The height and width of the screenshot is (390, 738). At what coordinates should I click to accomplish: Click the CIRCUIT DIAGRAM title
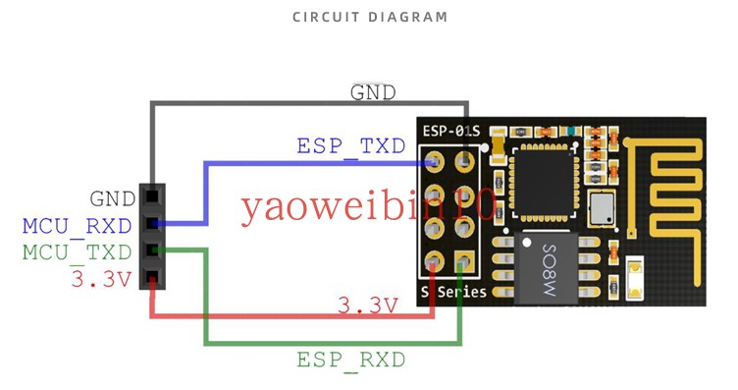click(x=370, y=17)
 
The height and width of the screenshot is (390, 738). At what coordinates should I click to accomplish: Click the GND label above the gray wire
click(x=373, y=92)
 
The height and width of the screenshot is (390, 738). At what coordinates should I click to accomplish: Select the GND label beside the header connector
click(x=112, y=199)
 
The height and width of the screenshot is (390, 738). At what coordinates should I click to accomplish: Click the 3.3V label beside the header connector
click(x=100, y=279)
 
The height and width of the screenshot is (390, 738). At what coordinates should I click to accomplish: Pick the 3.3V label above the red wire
click(x=367, y=306)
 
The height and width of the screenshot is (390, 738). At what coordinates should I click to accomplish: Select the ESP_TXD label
click(x=350, y=146)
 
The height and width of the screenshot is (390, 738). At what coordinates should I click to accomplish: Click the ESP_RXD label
click(x=350, y=360)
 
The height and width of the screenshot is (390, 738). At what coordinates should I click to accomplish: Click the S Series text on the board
click(x=453, y=292)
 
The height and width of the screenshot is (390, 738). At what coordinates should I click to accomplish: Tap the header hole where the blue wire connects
click(x=151, y=224)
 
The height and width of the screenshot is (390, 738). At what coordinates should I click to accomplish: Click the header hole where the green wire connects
click(x=151, y=251)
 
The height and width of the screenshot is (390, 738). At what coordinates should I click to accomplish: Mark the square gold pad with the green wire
click(x=463, y=261)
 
